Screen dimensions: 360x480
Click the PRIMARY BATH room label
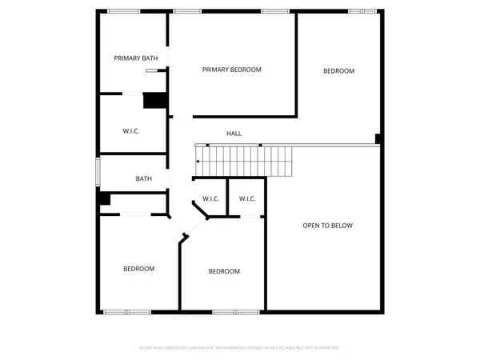[x=136, y=58]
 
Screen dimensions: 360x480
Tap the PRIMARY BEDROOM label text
[x=231, y=70]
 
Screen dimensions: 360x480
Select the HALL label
[x=234, y=134]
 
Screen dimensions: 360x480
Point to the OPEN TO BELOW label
[x=327, y=226]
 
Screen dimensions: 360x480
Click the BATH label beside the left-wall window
[x=144, y=179]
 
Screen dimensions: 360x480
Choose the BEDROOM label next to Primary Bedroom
[x=338, y=71]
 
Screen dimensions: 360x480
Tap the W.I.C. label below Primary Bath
[x=131, y=130]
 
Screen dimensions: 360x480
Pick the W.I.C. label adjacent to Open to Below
[x=247, y=198]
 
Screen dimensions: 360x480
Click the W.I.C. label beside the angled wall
[x=211, y=198]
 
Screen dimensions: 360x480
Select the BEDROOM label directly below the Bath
[x=138, y=269]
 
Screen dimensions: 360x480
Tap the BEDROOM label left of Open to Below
[x=224, y=271]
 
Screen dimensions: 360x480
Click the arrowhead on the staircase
[x=198, y=162]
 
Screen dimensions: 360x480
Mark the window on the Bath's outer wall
[x=98, y=172]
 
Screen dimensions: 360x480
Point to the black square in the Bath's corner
[x=104, y=198]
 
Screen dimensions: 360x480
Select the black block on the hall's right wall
[x=378, y=138]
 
